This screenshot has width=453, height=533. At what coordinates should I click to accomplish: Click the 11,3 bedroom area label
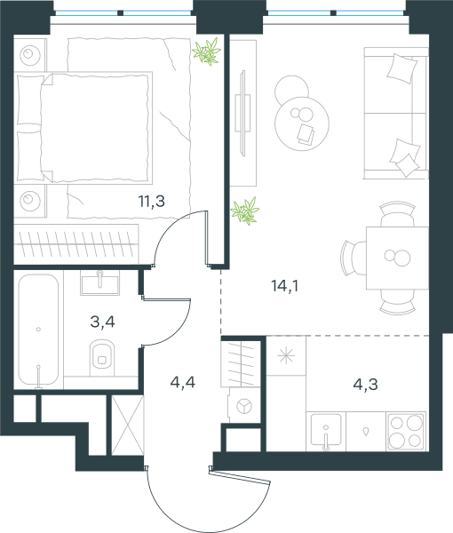click(152, 201)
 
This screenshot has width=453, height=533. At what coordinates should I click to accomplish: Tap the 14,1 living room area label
click(285, 286)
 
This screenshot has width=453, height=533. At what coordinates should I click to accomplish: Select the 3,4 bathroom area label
click(103, 322)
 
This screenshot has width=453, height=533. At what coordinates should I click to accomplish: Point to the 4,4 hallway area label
click(183, 382)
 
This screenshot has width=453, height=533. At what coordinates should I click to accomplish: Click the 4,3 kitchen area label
click(366, 385)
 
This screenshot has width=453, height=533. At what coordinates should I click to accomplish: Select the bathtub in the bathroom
click(38, 330)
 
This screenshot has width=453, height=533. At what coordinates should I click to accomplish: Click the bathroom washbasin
click(99, 282)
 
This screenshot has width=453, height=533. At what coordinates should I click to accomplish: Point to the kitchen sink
click(326, 430)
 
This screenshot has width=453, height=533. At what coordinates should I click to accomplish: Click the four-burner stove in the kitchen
click(406, 432)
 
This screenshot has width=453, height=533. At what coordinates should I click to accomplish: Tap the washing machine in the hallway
click(244, 405)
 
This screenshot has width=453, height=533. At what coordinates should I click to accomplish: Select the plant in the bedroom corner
click(207, 52)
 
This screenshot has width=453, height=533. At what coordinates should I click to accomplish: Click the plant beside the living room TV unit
click(245, 211)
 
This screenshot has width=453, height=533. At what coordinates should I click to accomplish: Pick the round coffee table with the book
click(302, 123)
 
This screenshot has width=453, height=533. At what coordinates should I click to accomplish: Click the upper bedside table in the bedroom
click(30, 55)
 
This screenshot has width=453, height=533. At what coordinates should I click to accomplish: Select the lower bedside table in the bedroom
click(30, 201)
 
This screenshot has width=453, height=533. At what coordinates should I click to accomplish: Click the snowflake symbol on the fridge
click(286, 356)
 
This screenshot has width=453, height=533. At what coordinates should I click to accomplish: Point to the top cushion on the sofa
click(402, 68)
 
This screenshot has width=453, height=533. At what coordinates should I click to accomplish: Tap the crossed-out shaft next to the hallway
click(128, 425)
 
